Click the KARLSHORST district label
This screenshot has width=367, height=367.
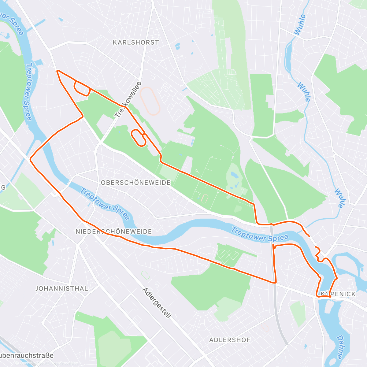click(136, 43)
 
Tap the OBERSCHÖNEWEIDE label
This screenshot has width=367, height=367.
click(136, 183)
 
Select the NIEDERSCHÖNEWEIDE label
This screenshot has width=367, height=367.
click(114, 232)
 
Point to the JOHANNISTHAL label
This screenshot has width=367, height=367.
click(62, 288)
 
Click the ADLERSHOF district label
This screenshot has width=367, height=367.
click(230, 340)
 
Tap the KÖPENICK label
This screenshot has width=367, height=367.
click(338, 294)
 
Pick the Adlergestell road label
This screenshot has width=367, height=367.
click(157, 303)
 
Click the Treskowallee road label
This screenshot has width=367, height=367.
click(128, 100)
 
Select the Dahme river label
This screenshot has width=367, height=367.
click(340, 347)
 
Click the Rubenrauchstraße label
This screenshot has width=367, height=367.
click(27, 355)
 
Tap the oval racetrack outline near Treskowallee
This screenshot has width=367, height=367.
click(150, 101)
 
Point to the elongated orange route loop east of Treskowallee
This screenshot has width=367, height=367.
click(138, 138)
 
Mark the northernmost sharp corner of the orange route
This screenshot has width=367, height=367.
click(57, 71)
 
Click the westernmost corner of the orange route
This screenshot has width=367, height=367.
click(30, 159)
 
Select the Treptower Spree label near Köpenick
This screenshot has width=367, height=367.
click(260, 235)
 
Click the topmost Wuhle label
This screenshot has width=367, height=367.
click(300, 24)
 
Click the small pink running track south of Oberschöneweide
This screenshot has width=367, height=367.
click(204, 198)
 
